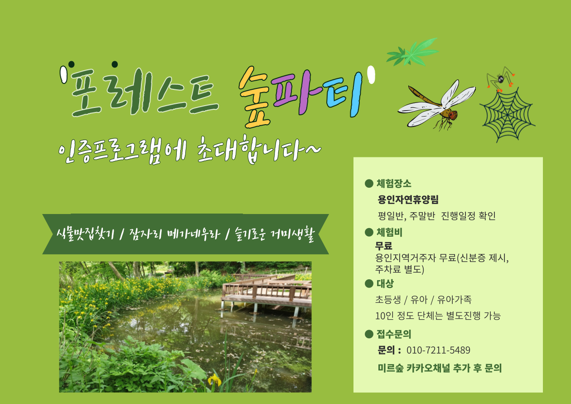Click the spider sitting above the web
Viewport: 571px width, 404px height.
(500, 79)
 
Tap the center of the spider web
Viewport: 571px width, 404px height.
(507, 115)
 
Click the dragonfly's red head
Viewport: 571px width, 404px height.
(453, 115)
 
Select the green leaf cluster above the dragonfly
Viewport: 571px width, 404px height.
(412, 52)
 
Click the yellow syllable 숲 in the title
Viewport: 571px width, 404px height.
(254, 97)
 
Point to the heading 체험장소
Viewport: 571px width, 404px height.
(394, 183)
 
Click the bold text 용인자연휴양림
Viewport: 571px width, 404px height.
(408, 200)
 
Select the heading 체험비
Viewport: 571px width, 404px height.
(389, 232)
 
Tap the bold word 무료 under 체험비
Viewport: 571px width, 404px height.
(383, 246)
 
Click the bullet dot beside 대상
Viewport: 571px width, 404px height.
(369, 283)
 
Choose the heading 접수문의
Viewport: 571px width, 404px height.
(394, 334)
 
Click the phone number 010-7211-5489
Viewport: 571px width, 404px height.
(438, 350)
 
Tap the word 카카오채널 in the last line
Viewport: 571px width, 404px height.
(428, 368)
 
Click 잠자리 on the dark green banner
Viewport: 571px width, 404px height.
(145, 233)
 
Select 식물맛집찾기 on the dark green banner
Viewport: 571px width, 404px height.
(86, 234)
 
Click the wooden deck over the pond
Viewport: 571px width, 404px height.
(266, 291)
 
